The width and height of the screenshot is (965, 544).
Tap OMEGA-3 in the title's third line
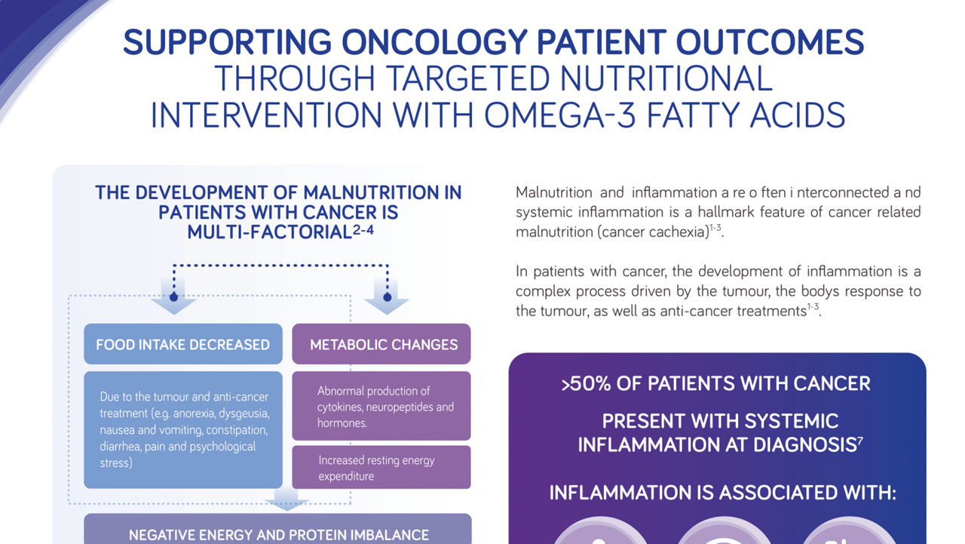(x=561, y=115)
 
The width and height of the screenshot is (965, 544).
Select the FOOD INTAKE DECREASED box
(x=182, y=345)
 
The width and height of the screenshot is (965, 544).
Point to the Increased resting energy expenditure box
(x=381, y=468)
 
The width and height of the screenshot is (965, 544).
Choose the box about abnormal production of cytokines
(x=381, y=407)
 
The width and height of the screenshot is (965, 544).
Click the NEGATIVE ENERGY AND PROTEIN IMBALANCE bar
(x=278, y=534)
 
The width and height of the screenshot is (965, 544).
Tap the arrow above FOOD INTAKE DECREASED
(x=173, y=301)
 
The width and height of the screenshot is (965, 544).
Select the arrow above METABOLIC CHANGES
(x=387, y=301)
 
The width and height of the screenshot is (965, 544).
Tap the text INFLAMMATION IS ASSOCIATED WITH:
(x=721, y=493)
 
